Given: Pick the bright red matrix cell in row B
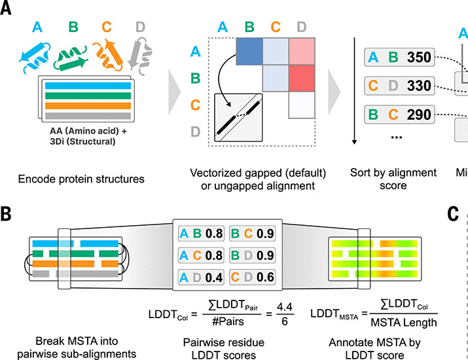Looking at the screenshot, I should [303, 78].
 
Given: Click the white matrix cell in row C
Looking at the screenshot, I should [303, 105].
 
